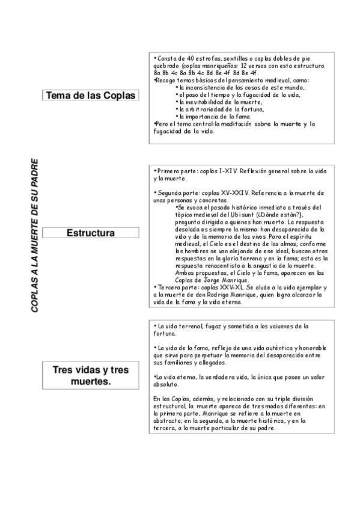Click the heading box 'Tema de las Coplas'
click(x=90, y=96)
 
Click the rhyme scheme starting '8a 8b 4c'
click(x=198, y=73)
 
